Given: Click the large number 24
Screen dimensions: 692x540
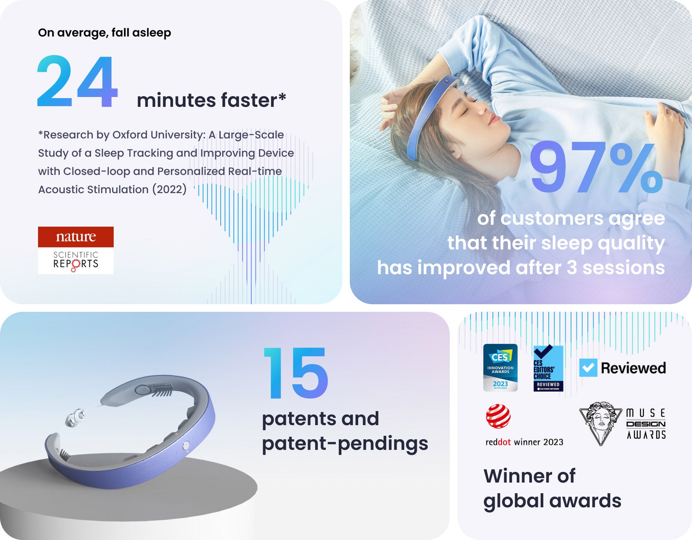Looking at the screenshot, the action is (78, 81).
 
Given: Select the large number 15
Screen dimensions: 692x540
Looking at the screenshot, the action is (295, 373).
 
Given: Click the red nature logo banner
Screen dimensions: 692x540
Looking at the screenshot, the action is (76, 237).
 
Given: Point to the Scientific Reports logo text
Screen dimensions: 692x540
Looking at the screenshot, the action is (76, 260).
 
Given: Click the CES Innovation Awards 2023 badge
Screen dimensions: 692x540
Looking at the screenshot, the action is (500, 368).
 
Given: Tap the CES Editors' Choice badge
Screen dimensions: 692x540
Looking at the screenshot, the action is (548, 368).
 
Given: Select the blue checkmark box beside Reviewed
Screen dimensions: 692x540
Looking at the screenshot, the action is (588, 368).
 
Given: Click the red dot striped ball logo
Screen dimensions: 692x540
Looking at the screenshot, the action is (498, 416).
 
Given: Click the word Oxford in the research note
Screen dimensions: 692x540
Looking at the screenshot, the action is (130, 135).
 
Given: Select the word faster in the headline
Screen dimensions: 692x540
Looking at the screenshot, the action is (249, 100).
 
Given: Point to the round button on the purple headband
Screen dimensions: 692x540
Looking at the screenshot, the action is (186, 446).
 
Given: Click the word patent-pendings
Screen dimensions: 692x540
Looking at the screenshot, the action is (345, 444).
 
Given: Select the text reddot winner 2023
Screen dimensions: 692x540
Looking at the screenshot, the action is (524, 442).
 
